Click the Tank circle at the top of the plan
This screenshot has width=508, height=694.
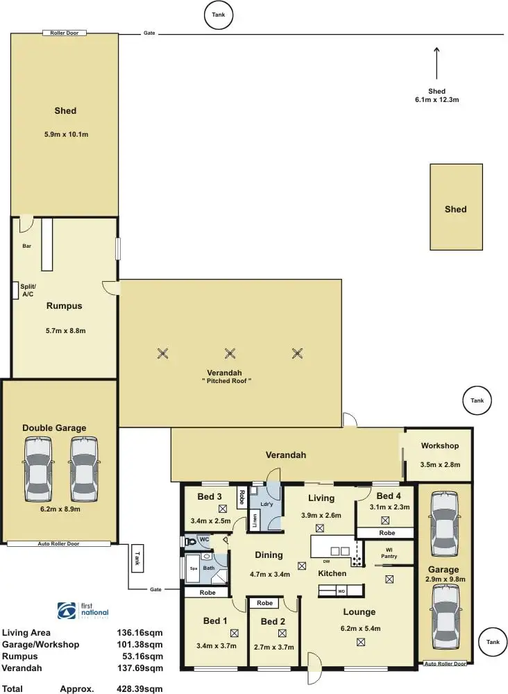(x=219, y=15)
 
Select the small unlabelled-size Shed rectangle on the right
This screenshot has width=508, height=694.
(x=456, y=207)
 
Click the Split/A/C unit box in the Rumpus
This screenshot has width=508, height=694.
(x=15, y=291)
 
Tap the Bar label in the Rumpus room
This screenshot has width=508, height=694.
(x=26, y=246)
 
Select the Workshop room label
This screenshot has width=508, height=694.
(x=439, y=445)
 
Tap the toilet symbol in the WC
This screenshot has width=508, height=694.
(x=192, y=541)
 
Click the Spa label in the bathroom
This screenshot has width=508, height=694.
(x=192, y=569)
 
